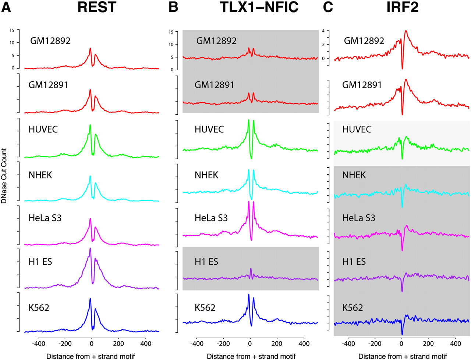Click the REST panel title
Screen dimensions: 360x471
pos(97,7)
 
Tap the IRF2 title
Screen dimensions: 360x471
pos(402,7)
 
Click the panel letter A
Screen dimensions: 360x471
pos(6,7)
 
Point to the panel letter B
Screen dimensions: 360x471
pos(173,7)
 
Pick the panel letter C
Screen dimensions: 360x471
pos(328,7)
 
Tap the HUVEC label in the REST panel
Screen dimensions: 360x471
pos(43,129)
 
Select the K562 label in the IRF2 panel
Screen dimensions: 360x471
pos(353,307)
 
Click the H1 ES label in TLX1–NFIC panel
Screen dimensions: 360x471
pos(206,262)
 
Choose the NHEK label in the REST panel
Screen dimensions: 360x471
pos(40,175)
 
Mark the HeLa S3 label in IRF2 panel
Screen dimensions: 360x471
pos(359,218)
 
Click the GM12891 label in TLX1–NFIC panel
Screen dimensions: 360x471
pos(215,85)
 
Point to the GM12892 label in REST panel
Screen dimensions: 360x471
pos(50,41)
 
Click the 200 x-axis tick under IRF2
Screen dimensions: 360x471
pos(428,344)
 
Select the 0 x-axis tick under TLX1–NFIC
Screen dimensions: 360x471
pos(250,344)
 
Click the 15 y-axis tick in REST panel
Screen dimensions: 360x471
pos(12,31)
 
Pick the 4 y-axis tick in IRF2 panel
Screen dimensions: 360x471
pos(323,31)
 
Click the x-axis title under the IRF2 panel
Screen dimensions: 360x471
pos(403,356)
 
